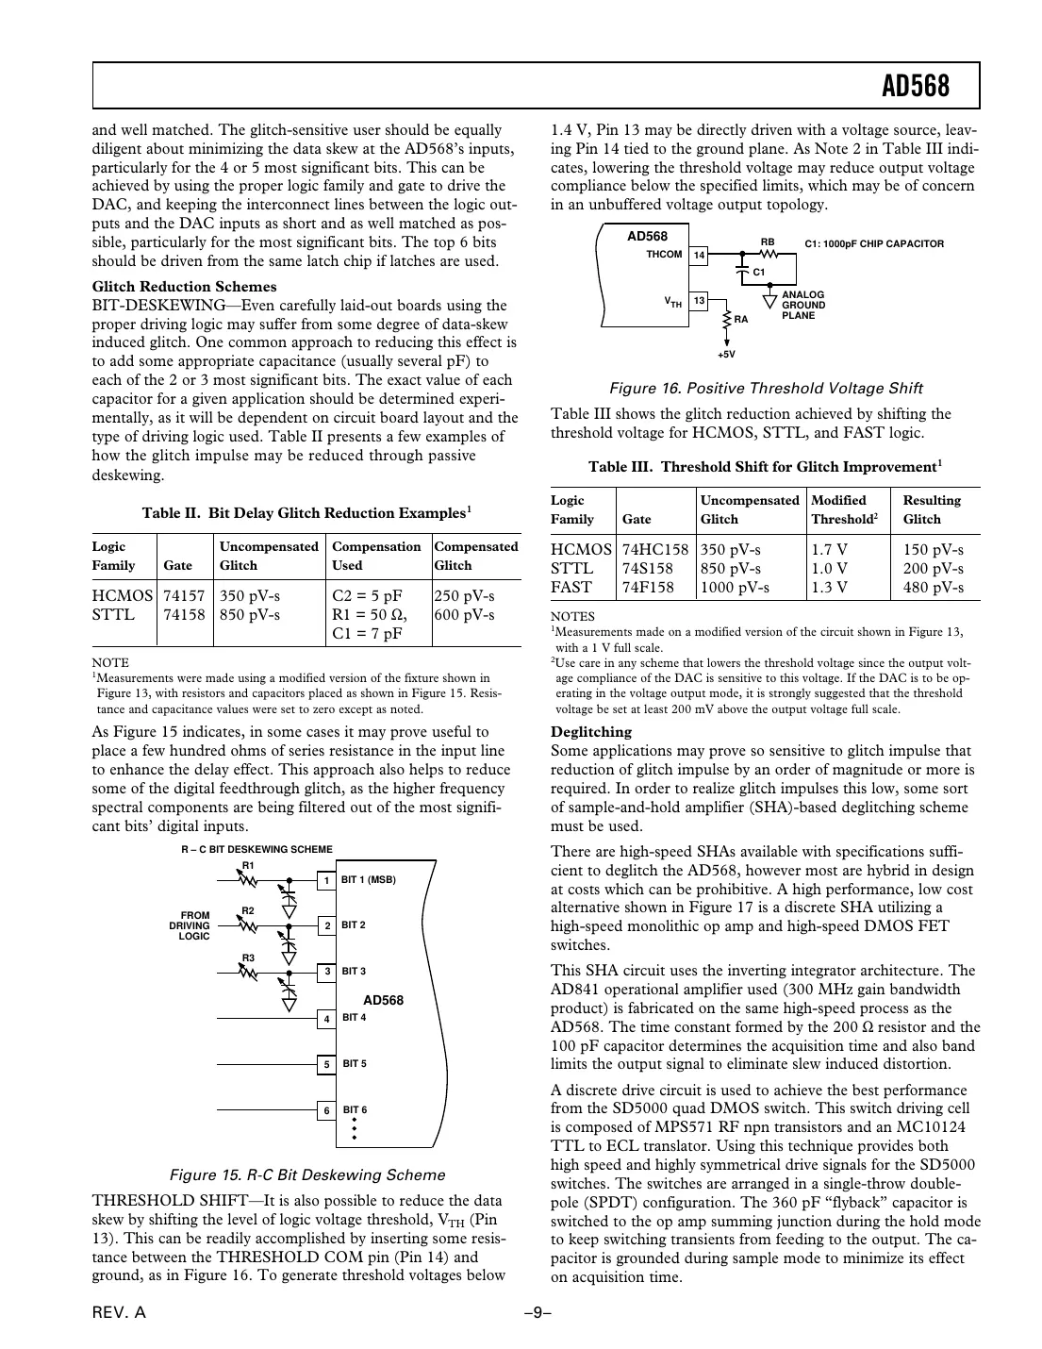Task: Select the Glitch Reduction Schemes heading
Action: (x=184, y=287)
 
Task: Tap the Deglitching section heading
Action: (x=591, y=732)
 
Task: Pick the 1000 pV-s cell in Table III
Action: (x=735, y=588)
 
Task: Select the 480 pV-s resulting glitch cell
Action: (x=933, y=588)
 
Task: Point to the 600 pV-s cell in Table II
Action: (x=464, y=615)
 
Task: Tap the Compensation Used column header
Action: (x=376, y=556)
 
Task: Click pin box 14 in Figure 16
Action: (x=699, y=255)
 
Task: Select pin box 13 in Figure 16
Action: (x=699, y=301)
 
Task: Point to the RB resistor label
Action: (x=768, y=242)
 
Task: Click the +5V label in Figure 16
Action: (x=725, y=355)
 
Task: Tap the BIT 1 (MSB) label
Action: (x=368, y=880)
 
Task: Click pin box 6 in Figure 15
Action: (x=326, y=1111)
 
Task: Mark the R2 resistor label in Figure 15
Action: (x=248, y=910)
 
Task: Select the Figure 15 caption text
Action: (x=306, y=1175)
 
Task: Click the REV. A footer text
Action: (x=119, y=1315)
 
